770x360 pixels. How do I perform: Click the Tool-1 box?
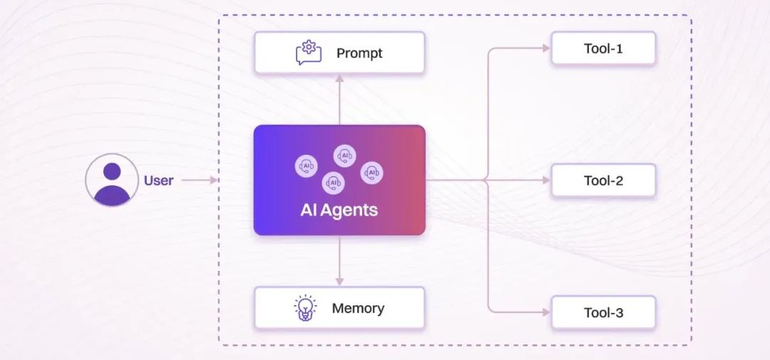[603, 49]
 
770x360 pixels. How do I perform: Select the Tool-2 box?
[603, 180]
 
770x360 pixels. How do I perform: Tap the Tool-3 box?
[603, 312]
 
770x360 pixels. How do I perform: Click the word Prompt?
[359, 53]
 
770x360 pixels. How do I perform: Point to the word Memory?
[358, 308]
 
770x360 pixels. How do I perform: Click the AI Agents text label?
[339, 210]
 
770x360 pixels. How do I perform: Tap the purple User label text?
[158, 180]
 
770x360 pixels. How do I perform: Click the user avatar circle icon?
[112, 180]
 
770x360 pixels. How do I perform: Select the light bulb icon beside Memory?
[305, 308]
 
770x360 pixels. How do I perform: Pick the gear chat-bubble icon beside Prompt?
[309, 53]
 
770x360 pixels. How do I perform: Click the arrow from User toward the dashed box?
[200, 180]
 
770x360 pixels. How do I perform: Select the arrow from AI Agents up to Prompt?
[339, 100]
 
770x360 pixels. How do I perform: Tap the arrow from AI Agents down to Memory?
[339, 261]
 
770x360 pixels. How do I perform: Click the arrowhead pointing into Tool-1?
[546, 48]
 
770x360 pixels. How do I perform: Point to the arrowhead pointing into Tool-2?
[546, 180]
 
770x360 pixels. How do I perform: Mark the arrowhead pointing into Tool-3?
[546, 312]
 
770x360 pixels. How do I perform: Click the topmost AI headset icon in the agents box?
[344, 155]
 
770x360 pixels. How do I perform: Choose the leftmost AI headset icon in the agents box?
[306, 166]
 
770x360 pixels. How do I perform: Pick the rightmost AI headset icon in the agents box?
[371, 173]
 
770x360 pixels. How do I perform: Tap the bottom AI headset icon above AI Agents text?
[333, 182]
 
